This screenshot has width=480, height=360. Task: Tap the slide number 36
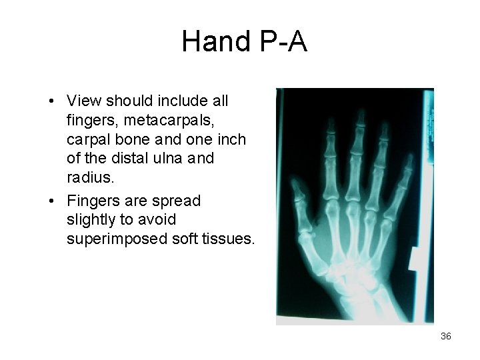tap(446, 336)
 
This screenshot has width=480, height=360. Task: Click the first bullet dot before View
tap(51, 102)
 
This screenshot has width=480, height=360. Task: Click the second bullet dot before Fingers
tap(51, 201)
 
